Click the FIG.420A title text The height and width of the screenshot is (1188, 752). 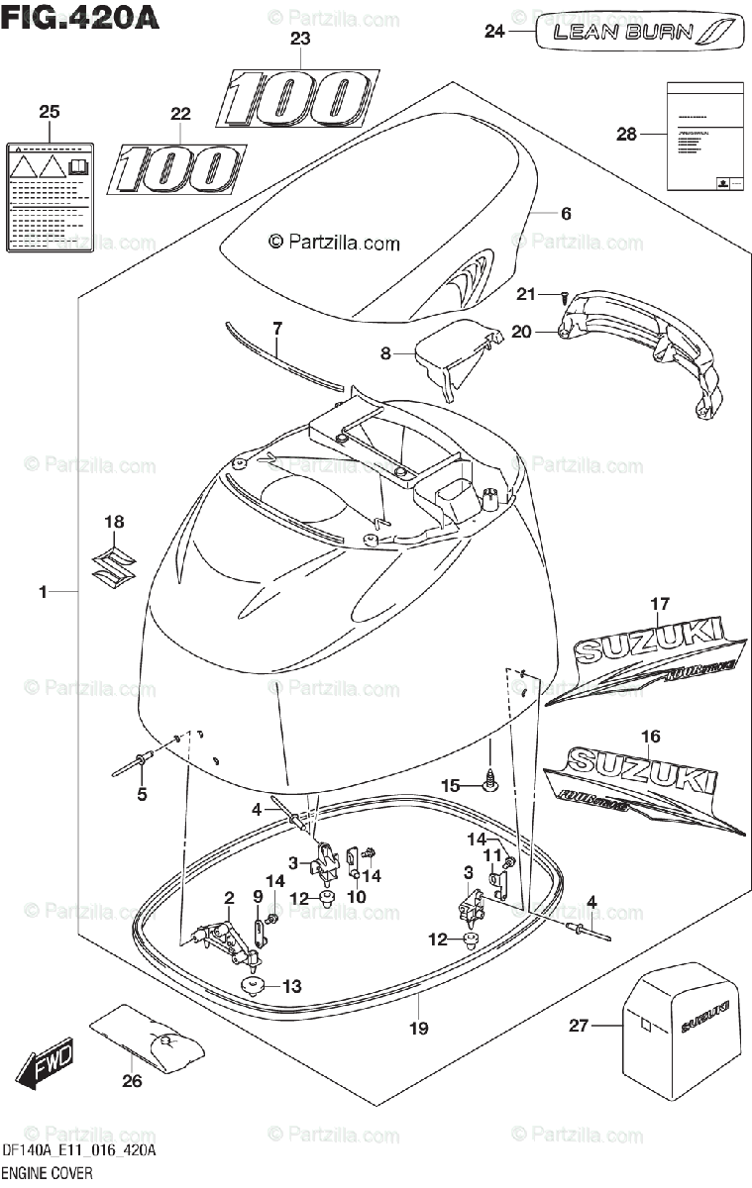tap(81, 17)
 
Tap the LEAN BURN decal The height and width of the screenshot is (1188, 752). tap(638, 32)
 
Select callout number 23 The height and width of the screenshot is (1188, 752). tap(299, 40)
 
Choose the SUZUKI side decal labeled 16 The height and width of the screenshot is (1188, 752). tap(644, 785)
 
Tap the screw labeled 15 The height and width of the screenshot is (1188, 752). tap(489, 783)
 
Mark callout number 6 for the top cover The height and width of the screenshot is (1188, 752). tap(566, 213)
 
